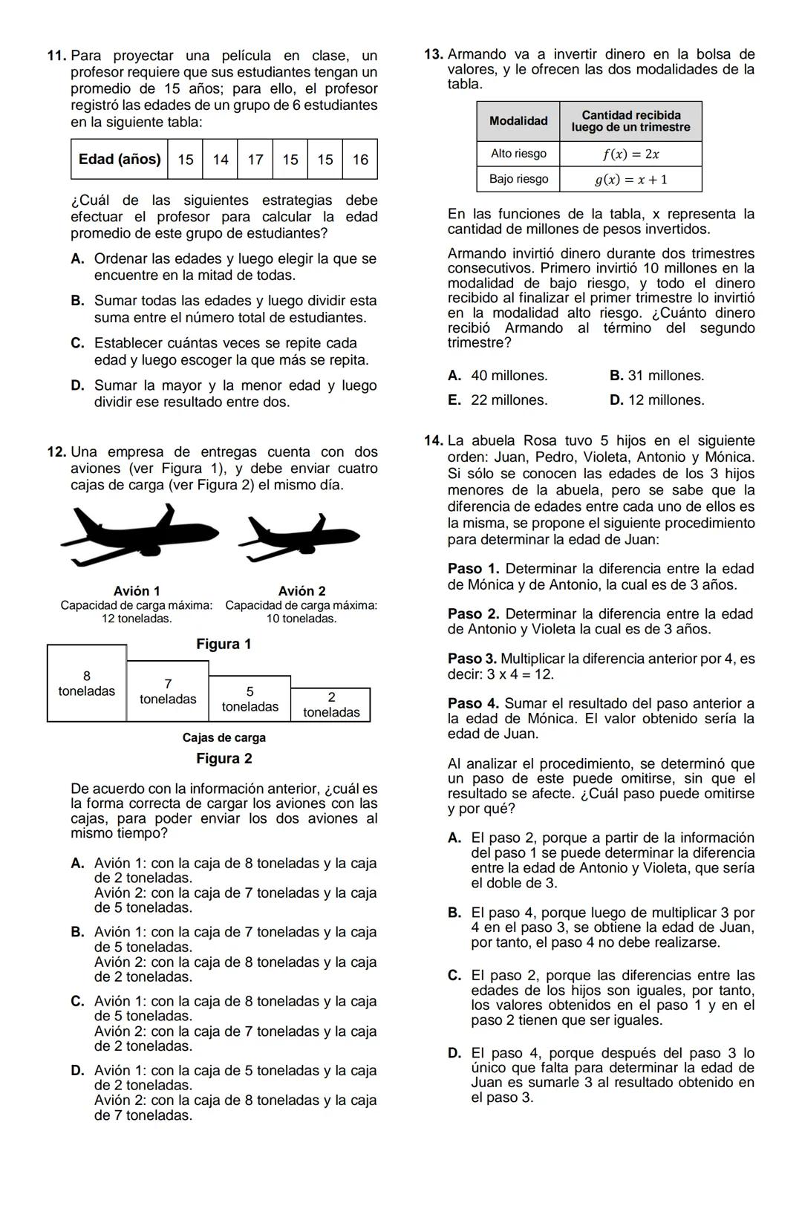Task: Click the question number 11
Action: pos(56,56)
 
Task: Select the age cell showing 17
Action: pos(255,159)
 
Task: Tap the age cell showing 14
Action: pos(221,159)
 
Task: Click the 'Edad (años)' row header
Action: pos(120,159)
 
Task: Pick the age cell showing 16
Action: pos(360,159)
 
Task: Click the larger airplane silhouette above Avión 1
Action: pos(127,531)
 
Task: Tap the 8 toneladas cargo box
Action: pos(87,683)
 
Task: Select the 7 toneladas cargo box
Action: pos(168,691)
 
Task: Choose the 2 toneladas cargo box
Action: pos(331,705)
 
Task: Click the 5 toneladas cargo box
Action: pos(250,699)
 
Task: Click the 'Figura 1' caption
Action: pos(224,644)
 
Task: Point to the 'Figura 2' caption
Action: pos(224,758)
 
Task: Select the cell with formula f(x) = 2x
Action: pos(630,154)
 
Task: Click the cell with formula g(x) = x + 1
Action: pos(630,179)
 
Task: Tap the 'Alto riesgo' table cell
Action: pos(518,154)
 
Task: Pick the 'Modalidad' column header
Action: pos(518,121)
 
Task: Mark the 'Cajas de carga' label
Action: pos(224,737)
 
